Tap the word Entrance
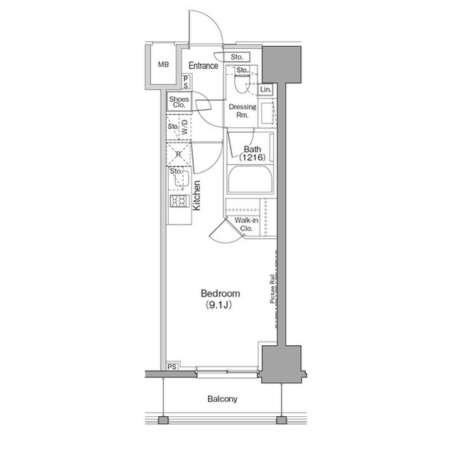pyautogui.click(x=202, y=66)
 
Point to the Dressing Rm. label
pyautogui.click(x=241, y=111)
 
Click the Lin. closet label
pyautogui.click(x=265, y=90)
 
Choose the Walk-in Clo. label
pyautogui.click(x=247, y=225)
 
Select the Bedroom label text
pyautogui.click(x=220, y=293)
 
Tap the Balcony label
pyautogui.click(x=222, y=399)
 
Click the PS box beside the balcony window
pyautogui.click(x=172, y=367)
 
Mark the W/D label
pyautogui.click(x=184, y=128)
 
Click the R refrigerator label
pyautogui.click(x=178, y=154)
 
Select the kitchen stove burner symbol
pyautogui.click(x=177, y=201)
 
